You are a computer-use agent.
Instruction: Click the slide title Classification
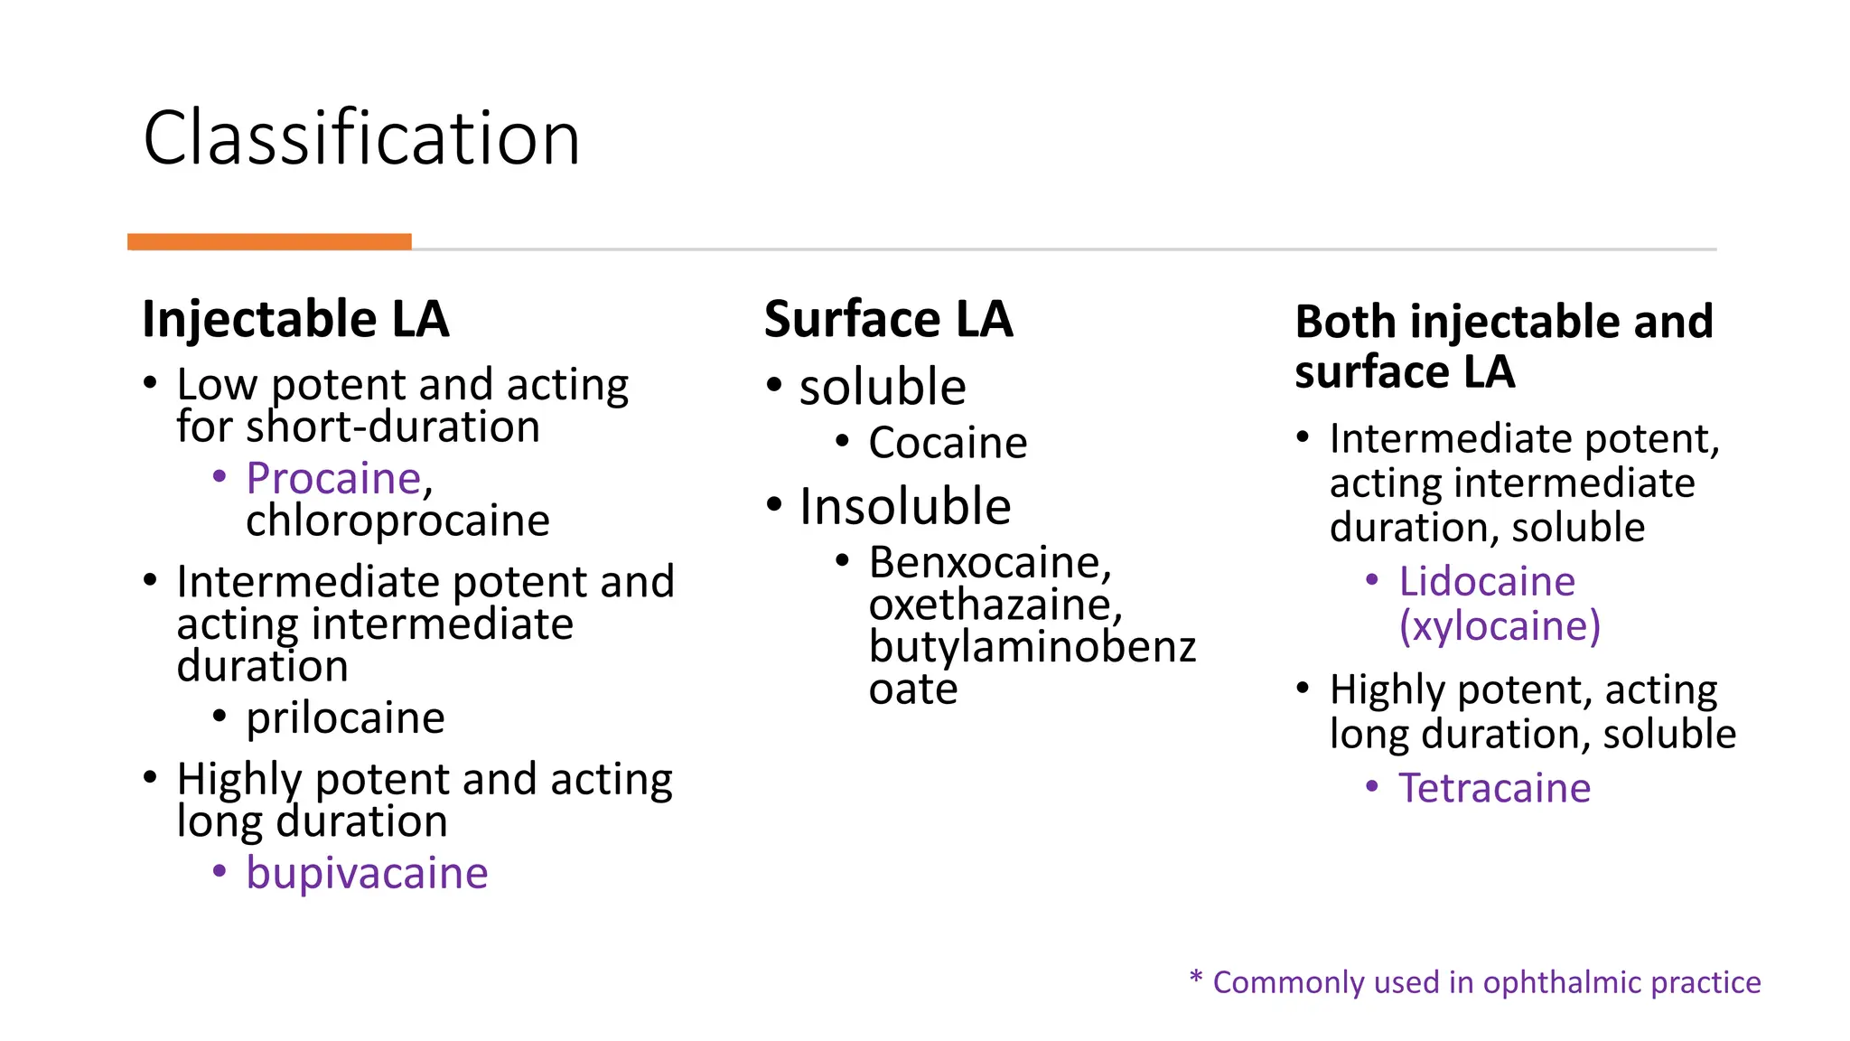(361, 138)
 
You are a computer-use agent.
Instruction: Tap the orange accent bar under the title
(269, 241)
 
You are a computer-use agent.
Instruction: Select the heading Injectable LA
(295, 319)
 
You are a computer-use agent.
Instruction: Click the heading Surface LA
(888, 319)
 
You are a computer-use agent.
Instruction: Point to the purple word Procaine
(333, 478)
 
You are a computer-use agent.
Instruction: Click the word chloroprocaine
(397, 520)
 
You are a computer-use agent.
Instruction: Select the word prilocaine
(345, 718)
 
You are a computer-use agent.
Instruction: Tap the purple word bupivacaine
(367, 873)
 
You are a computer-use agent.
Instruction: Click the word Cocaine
(948, 443)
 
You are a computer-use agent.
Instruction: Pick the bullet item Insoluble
(904, 506)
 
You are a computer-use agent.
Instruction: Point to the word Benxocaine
(986, 563)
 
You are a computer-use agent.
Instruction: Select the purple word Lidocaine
(1487, 581)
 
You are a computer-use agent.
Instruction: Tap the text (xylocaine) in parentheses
(1500, 625)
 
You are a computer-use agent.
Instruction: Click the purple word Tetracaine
(1494, 788)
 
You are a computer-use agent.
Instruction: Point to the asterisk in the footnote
(1196, 978)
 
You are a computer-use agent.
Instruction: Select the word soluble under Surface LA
(883, 387)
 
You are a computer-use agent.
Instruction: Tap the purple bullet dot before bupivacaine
(220, 872)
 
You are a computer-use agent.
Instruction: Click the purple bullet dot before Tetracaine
(1372, 787)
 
